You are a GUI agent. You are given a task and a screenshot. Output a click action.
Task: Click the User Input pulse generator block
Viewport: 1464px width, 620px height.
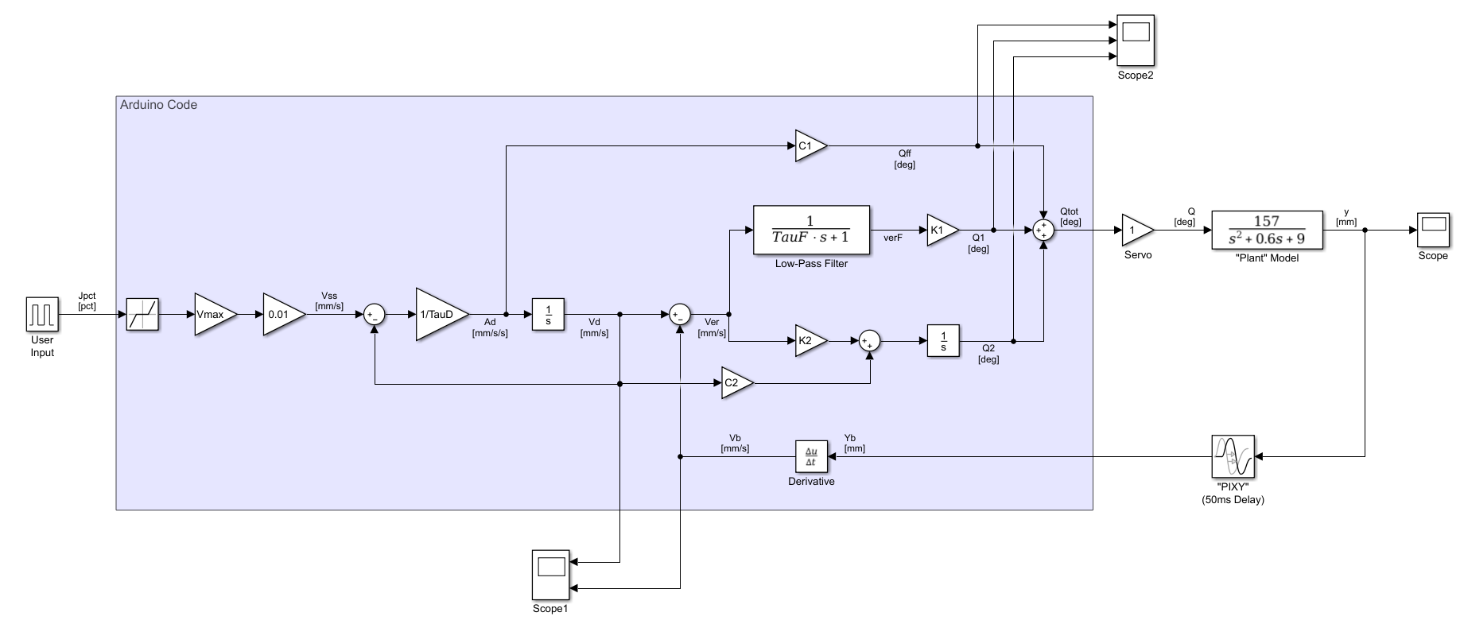(42, 314)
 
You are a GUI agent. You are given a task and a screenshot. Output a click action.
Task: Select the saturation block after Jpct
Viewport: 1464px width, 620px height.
(143, 314)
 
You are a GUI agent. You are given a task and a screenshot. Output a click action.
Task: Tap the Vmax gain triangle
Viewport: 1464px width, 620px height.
(213, 314)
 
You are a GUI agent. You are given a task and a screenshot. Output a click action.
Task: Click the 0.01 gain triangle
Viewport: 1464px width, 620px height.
(282, 314)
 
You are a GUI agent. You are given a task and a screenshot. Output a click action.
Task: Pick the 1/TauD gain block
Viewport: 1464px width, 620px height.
(438, 314)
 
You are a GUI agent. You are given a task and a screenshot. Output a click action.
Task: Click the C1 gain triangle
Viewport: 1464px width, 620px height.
(809, 146)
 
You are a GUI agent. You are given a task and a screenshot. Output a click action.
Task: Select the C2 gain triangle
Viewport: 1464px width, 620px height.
(735, 383)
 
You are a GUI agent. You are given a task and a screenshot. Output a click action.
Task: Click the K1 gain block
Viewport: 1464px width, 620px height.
(941, 231)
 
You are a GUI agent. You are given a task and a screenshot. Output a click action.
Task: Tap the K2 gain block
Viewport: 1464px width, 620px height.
(809, 341)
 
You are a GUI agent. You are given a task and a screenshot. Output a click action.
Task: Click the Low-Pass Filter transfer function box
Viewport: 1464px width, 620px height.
(811, 230)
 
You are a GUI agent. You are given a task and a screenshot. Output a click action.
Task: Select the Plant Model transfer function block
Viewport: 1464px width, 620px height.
(1267, 231)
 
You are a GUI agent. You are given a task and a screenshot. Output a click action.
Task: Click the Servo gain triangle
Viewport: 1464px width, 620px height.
(1136, 231)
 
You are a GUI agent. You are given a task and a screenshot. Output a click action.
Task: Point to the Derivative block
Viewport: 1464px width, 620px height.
(811, 456)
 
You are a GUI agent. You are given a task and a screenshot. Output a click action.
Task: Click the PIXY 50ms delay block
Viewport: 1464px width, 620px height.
(1233, 456)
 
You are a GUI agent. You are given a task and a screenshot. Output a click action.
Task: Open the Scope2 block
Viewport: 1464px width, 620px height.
(1136, 41)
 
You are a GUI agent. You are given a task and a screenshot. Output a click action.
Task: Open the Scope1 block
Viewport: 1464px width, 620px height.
(550, 575)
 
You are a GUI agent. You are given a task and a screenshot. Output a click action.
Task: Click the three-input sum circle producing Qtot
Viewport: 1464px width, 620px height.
(1043, 231)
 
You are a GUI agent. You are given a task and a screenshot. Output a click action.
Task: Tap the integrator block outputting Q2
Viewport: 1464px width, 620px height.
(943, 341)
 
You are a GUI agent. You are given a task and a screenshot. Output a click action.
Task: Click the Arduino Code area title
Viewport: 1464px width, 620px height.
(158, 105)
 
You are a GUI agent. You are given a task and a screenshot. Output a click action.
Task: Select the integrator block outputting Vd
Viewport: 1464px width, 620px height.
(548, 314)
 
